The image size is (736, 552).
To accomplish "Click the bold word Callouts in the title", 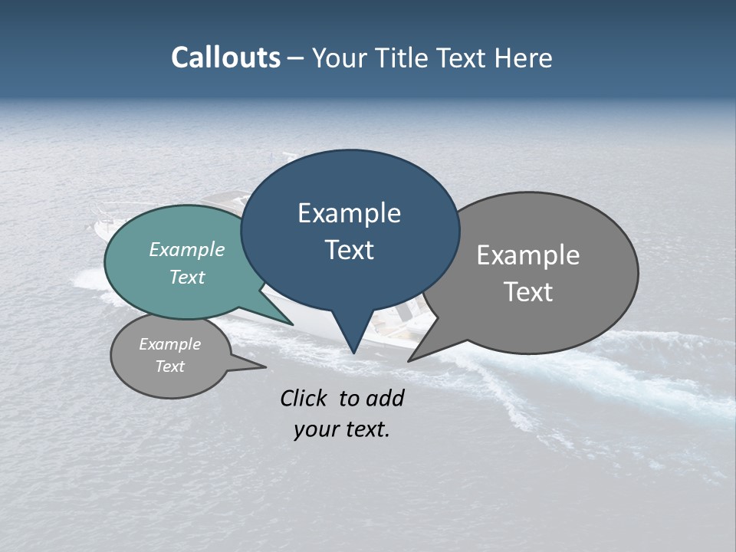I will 225,58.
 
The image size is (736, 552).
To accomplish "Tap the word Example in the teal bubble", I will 186,249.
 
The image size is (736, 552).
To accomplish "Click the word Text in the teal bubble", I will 186,277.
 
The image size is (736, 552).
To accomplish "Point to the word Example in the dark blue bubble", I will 349,213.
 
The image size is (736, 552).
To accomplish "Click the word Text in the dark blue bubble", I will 349,250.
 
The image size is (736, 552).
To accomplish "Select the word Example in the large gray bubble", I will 527,255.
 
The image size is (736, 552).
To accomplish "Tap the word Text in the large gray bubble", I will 527,292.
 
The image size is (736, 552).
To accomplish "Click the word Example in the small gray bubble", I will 169,344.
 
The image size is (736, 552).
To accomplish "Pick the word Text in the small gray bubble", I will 169,366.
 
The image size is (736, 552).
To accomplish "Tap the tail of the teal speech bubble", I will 284,318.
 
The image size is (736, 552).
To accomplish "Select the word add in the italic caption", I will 385,398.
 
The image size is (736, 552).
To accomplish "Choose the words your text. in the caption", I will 341,429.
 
